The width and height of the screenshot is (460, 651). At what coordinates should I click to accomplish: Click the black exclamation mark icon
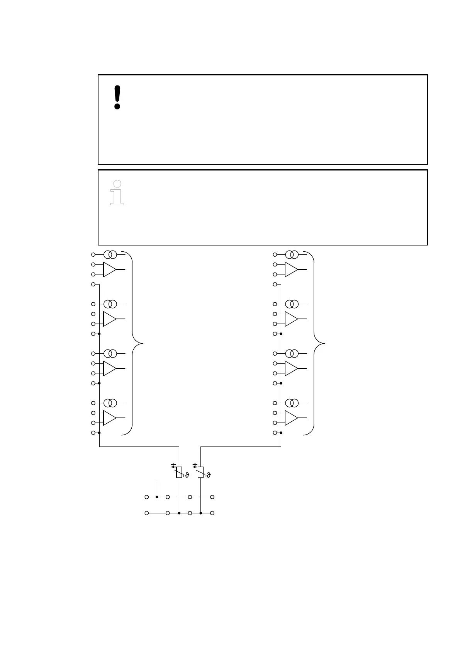tap(118, 97)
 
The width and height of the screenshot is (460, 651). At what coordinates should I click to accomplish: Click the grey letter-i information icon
tap(117, 193)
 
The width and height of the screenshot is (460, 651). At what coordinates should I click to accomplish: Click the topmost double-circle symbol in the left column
tap(110, 254)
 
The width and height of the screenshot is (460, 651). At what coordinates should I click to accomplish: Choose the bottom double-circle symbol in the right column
tap(292, 403)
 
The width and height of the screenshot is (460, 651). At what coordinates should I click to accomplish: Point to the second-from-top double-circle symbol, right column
tap(292, 304)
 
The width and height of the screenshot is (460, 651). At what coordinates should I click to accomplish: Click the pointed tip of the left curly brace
tap(143, 343)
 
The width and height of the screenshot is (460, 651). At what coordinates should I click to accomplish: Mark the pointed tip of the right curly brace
tap(324, 343)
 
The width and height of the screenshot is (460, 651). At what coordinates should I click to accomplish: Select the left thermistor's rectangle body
tap(179, 472)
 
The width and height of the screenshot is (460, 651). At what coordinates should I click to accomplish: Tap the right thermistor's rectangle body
tap(200, 472)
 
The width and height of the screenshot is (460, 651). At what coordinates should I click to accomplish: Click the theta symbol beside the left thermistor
tap(187, 475)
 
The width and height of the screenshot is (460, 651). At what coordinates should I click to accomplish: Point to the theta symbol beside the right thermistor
tap(209, 475)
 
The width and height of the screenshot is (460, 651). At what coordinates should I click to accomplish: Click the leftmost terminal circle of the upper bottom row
tap(146, 497)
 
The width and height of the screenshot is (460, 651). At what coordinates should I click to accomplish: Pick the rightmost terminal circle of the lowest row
tap(212, 513)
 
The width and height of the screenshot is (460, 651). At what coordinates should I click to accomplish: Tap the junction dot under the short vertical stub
tap(157, 497)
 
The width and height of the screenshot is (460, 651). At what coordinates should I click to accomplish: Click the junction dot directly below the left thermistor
tap(179, 513)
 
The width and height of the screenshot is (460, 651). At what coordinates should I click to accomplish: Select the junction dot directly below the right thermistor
tap(201, 513)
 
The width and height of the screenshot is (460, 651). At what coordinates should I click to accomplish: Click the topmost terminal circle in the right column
tap(275, 254)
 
